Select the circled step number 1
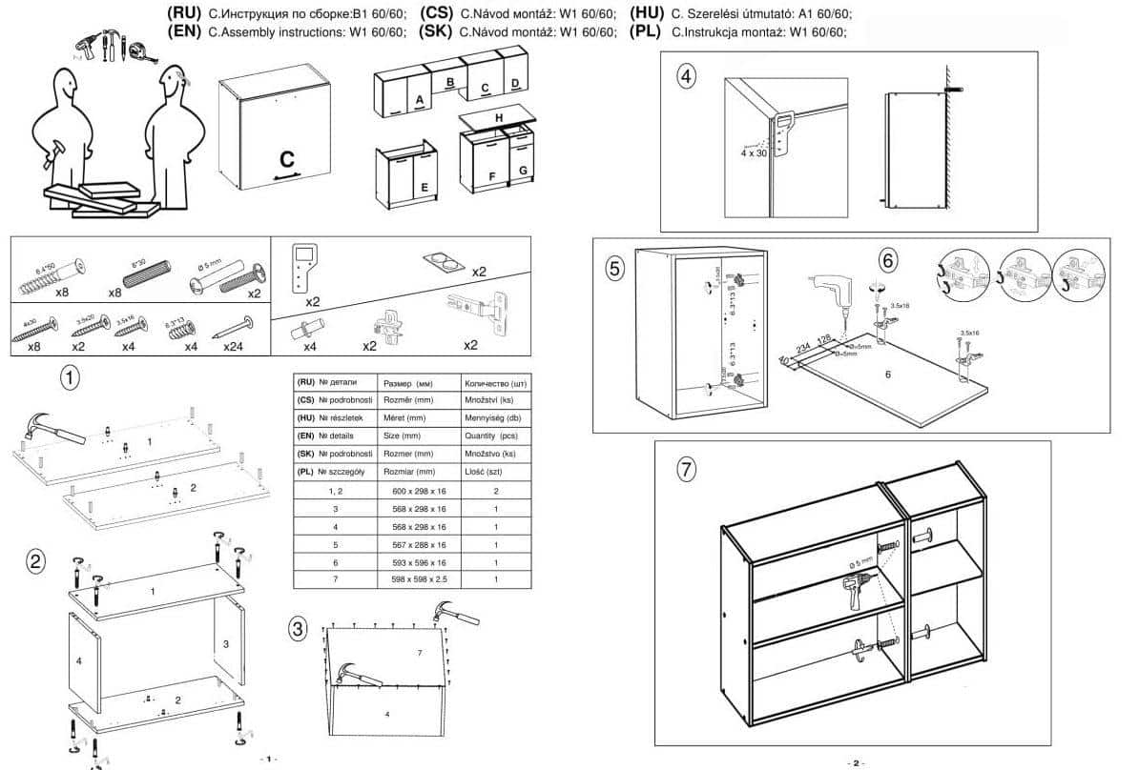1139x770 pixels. pos(70,377)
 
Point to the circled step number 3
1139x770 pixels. pos(300,628)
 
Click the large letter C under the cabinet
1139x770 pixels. pos(287,158)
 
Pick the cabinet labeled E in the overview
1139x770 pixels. pos(410,177)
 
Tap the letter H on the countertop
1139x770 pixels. pos(498,118)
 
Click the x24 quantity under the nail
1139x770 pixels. pos(234,347)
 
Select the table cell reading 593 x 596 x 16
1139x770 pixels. pos(419,563)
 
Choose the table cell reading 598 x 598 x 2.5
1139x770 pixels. pos(419,580)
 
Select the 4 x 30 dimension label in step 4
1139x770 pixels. pos(753,152)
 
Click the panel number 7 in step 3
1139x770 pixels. pos(419,653)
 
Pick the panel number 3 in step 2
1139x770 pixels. pos(226,644)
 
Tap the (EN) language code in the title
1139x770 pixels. pos(184,31)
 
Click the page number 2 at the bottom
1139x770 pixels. pos(855,762)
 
